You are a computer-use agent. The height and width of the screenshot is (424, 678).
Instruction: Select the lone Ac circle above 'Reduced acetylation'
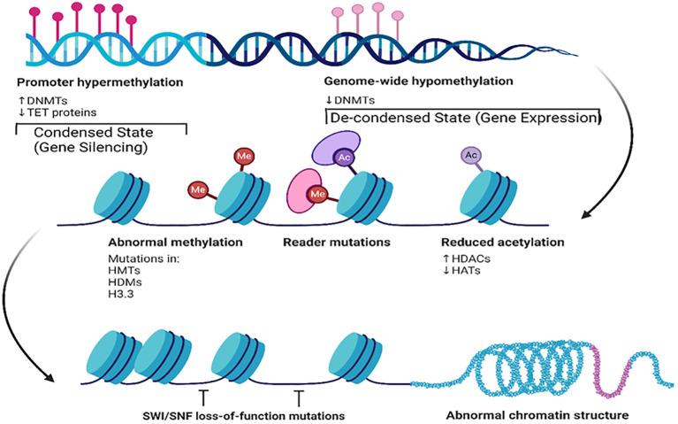click(471, 155)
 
